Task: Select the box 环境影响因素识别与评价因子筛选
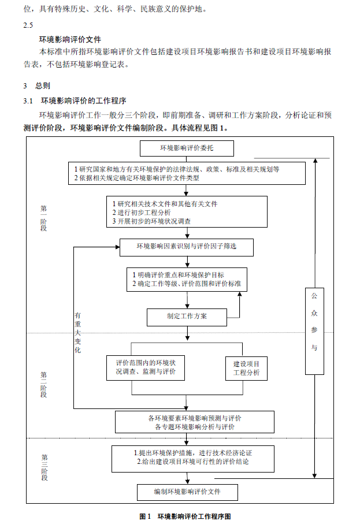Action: click(187, 247)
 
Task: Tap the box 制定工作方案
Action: click(187, 317)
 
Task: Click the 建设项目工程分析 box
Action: click(246, 369)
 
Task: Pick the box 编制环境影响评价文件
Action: click(187, 492)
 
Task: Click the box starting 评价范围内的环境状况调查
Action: click(146, 367)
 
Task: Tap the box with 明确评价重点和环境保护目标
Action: click(187, 280)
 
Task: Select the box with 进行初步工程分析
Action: click(187, 212)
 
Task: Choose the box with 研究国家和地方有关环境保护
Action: click(185, 173)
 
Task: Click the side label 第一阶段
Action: click(44, 217)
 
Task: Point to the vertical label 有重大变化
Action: click(77, 333)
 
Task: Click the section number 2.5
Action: click(28, 25)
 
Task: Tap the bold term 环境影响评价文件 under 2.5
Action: click(70, 39)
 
